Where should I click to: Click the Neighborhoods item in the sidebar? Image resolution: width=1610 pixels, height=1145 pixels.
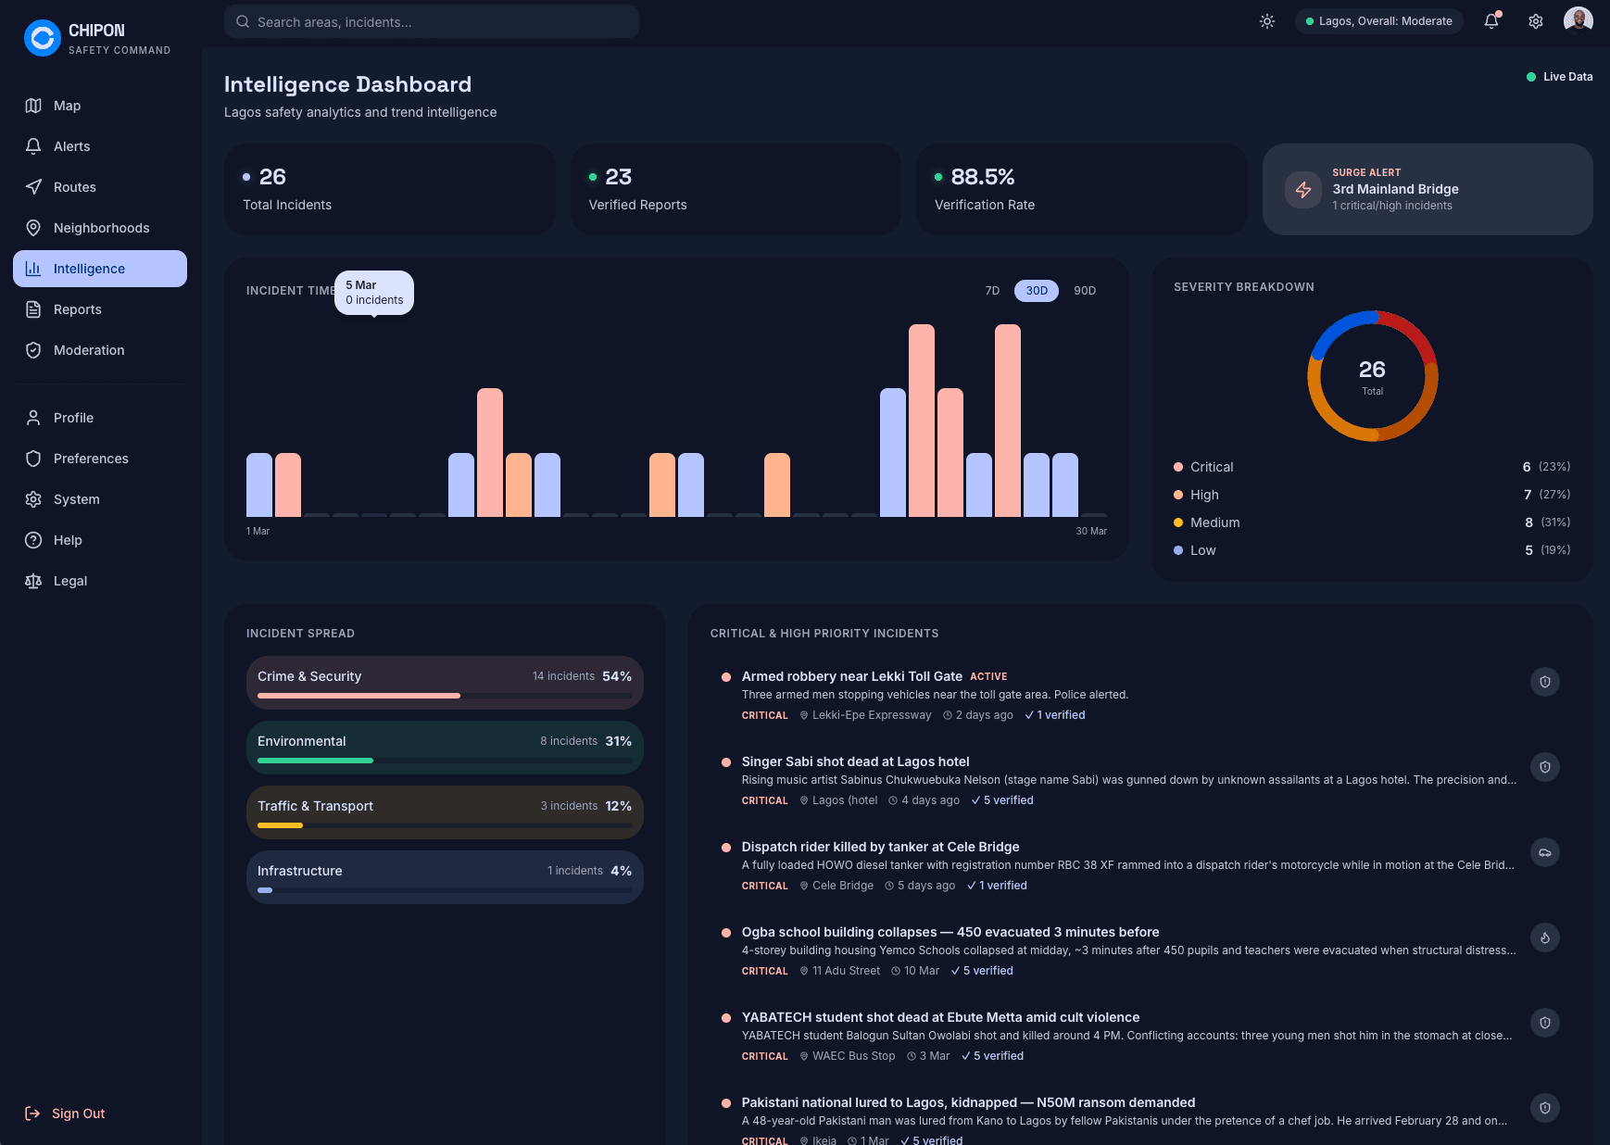101,228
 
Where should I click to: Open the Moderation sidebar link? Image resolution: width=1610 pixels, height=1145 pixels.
89,350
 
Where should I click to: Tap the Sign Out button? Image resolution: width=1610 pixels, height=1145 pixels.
78,1114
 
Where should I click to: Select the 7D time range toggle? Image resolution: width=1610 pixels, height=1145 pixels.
992,291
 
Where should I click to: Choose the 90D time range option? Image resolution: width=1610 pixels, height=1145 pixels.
1084,291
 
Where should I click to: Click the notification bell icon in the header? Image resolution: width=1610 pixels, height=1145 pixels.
1491,21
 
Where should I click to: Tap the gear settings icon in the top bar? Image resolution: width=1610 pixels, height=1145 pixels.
1536,21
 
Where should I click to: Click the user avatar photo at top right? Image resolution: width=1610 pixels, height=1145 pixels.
1578,19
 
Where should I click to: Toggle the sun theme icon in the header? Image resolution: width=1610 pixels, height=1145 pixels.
1267,21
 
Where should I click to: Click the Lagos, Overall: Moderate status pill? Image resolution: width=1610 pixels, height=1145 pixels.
1378,21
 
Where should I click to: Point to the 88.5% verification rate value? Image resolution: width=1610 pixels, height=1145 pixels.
982,177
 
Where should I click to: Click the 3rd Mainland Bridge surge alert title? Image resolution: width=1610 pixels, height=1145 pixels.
1395,189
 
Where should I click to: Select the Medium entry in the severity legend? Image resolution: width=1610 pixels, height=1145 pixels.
1214,522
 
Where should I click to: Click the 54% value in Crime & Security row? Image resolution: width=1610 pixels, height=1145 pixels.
616,676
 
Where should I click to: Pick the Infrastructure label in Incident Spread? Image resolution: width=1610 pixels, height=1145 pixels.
299,871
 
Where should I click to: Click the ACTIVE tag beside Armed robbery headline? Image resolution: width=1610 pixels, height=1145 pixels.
988,677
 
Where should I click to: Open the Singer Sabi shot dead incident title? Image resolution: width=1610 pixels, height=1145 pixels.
855,761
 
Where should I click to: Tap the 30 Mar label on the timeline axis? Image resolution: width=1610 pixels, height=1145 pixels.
1090,532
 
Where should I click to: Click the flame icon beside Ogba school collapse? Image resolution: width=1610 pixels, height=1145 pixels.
1544,937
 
